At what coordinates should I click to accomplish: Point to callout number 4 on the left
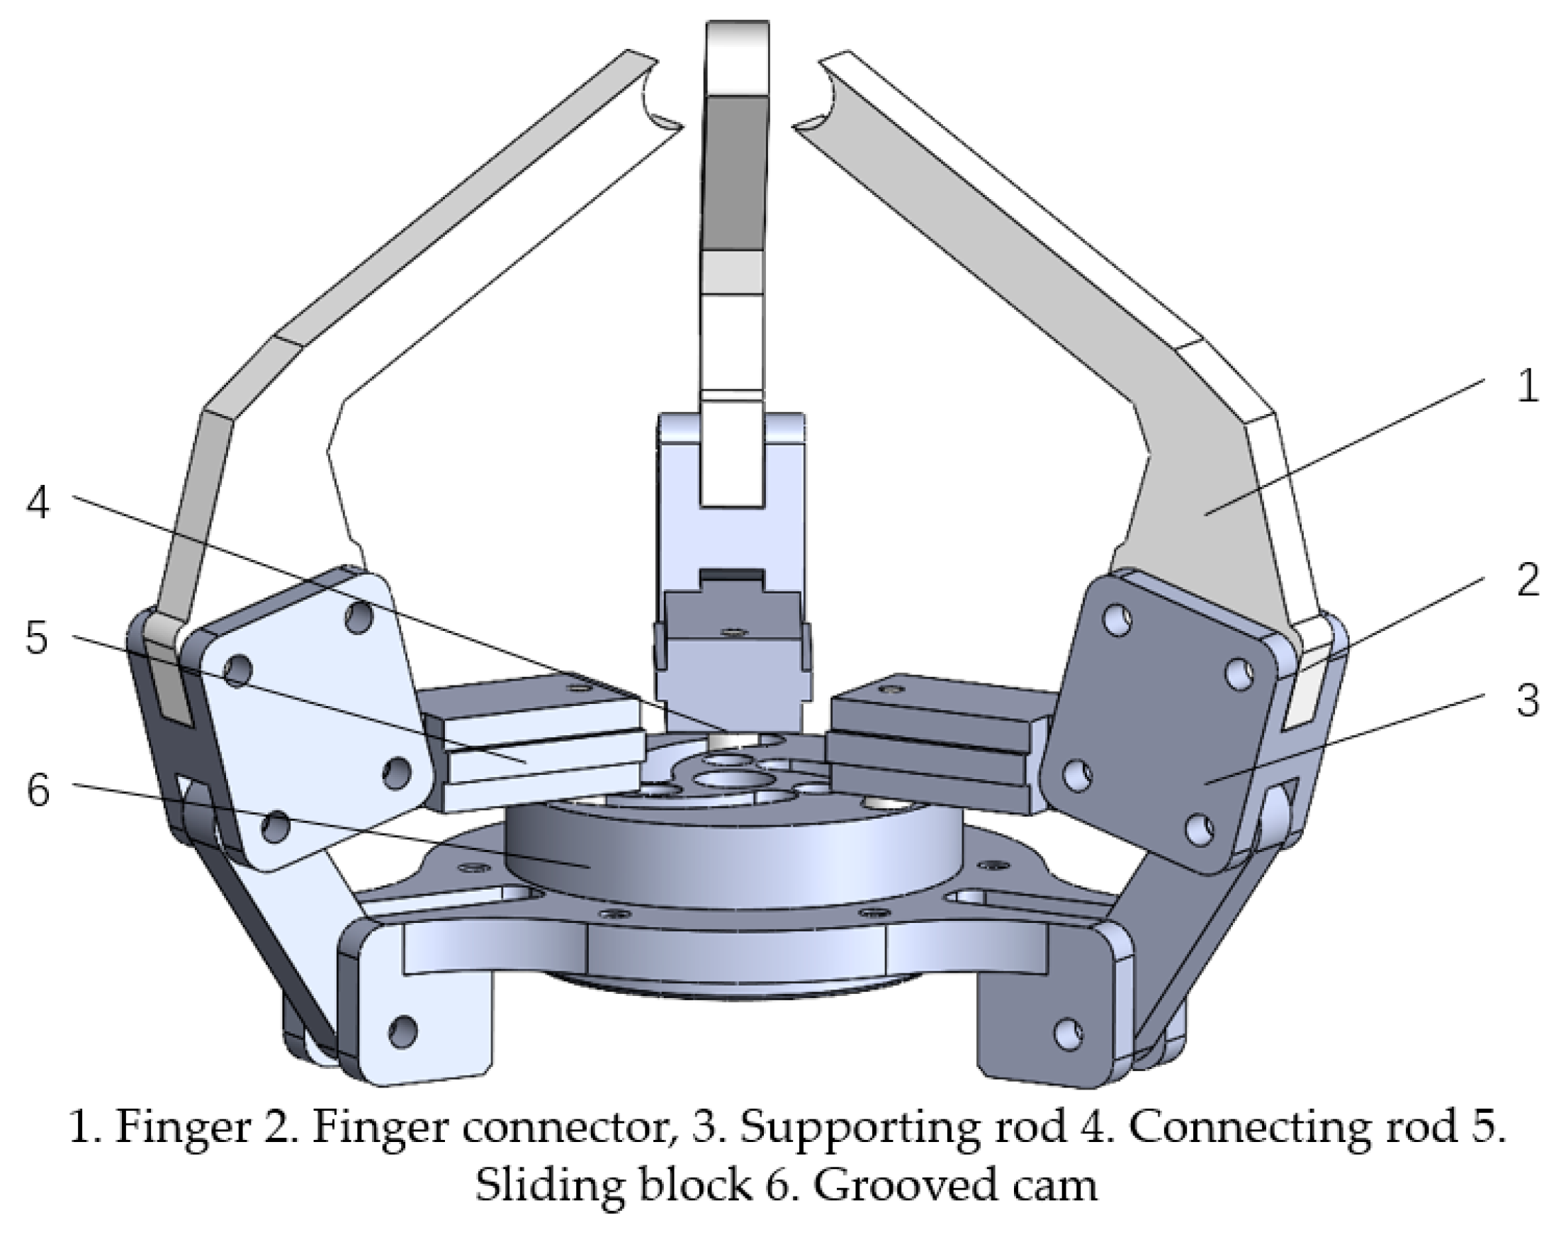pyautogui.click(x=38, y=502)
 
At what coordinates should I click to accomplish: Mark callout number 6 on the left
pyautogui.click(x=38, y=790)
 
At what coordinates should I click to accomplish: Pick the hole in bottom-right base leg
pyautogui.click(x=1069, y=1033)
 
